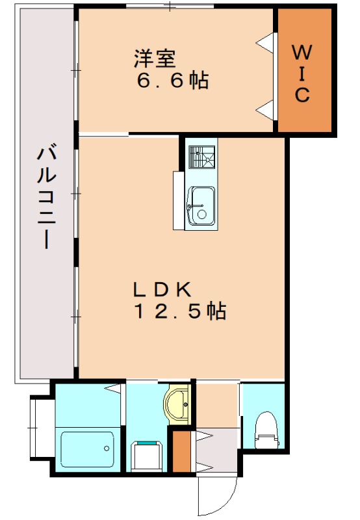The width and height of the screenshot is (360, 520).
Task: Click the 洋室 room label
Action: coord(155,59)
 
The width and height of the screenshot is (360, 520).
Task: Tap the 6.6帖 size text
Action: coord(172,81)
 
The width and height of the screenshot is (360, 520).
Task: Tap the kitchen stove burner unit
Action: coord(201,157)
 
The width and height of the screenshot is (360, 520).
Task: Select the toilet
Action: coord(265,430)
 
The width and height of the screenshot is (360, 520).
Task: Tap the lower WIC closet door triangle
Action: coord(265,109)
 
